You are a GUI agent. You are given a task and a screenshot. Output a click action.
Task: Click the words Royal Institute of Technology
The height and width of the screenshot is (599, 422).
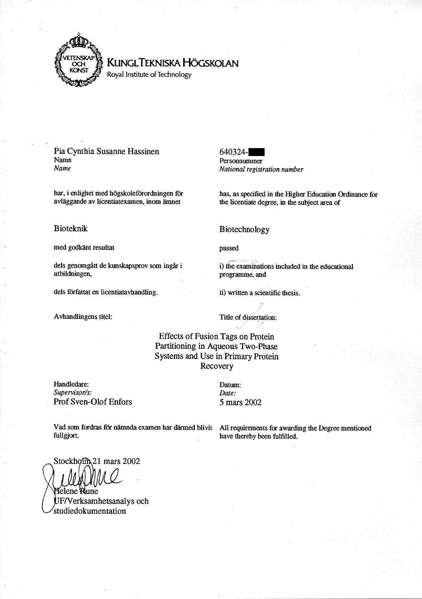pos(149,75)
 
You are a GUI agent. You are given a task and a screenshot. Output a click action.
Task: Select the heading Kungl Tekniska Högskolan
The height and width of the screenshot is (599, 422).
pos(173,63)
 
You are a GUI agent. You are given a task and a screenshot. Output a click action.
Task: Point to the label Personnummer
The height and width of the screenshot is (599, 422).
pos(241,161)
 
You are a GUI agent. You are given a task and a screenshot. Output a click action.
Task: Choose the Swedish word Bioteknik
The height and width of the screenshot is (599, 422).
pos(70,229)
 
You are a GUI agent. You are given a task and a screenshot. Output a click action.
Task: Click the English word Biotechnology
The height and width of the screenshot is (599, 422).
pos(244,230)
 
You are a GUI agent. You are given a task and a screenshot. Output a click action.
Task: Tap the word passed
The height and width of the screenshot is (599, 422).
pos(229,248)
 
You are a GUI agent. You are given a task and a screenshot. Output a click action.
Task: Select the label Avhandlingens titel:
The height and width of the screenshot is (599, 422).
pos(83,317)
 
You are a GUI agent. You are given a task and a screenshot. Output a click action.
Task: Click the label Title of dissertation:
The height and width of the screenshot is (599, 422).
pos(248,318)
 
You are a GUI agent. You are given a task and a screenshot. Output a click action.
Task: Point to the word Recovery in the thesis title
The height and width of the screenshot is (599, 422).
pos(216,366)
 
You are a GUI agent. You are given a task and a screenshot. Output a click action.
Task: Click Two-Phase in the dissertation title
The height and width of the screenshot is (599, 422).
pos(261,346)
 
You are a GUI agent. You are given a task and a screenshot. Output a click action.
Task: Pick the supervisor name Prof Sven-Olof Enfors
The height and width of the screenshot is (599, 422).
pos(93,402)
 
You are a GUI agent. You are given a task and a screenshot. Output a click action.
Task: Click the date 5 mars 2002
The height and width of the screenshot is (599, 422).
pos(240,402)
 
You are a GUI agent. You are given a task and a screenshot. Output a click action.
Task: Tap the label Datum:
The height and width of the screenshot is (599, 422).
pos(230,386)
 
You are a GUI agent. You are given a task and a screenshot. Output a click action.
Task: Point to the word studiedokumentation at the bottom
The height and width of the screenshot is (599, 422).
pos(89,511)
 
